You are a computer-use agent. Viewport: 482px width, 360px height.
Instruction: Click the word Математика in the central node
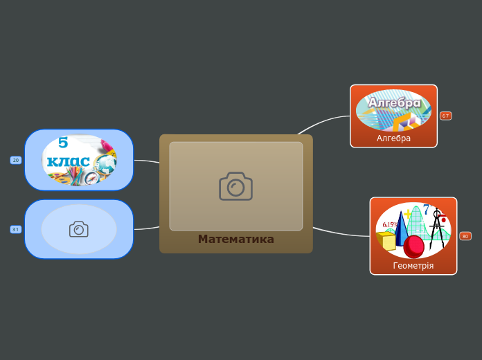235,240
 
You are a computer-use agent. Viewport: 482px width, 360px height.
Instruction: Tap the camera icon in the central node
235,186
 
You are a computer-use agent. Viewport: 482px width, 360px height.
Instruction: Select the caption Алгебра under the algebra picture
393,138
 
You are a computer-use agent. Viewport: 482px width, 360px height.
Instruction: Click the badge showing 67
445,116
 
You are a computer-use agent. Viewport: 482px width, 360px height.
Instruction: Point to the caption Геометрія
413,265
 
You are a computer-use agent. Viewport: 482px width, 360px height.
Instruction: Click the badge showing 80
465,236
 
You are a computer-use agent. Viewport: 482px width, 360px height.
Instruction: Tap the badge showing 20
15,160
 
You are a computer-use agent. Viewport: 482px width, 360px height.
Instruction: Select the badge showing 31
15,229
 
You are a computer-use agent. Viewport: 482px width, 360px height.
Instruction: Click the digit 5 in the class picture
63,143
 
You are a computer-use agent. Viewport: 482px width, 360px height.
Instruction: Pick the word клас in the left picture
68,162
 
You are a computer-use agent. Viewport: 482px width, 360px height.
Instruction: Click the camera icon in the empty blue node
79,229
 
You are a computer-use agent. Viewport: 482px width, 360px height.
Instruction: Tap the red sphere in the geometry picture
414,246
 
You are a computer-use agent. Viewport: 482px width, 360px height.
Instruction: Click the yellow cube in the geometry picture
386,241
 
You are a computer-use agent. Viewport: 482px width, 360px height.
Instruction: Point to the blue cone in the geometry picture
401,228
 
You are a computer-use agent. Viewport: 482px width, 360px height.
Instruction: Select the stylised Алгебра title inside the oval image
394,102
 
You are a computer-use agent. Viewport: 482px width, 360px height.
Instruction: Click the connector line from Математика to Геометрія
339,233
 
